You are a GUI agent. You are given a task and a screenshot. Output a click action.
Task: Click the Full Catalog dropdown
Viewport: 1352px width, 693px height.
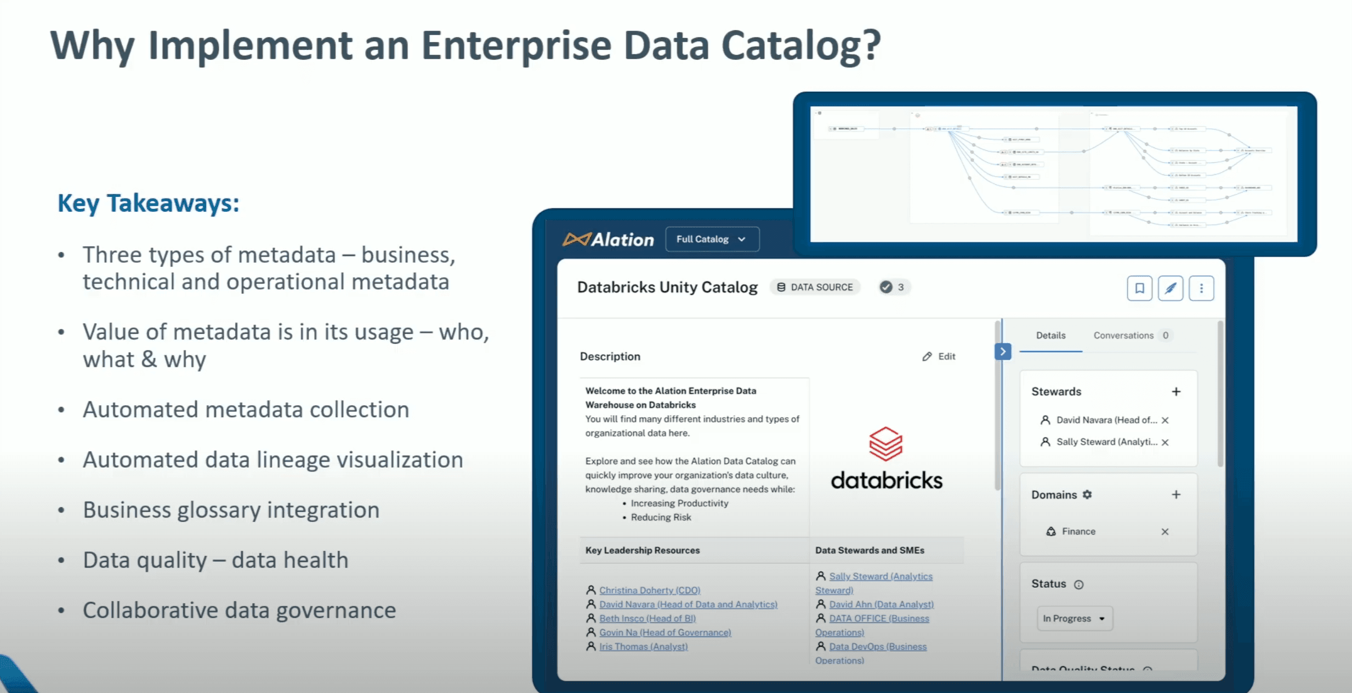(x=712, y=239)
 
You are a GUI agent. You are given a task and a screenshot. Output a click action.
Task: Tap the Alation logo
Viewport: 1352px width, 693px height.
(x=609, y=240)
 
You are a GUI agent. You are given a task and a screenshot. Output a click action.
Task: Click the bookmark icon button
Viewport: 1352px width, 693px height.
(x=1139, y=288)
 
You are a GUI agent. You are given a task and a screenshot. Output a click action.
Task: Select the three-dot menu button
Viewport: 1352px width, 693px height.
(x=1201, y=288)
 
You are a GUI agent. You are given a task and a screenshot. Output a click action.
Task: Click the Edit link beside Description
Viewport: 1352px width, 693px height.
(x=939, y=356)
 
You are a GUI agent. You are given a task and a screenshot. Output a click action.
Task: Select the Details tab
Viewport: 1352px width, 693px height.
(x=1050, y=336)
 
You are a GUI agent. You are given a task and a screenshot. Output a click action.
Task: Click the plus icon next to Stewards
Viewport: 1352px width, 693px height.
(x=1176, y=391)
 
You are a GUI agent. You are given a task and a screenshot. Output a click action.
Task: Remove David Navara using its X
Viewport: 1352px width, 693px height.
(x=1165, y=420)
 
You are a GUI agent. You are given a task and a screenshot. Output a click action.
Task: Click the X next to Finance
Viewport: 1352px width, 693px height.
(x=1165, y=531)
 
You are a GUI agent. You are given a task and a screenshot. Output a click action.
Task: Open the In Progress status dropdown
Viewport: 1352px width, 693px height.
(x=1074, y=618)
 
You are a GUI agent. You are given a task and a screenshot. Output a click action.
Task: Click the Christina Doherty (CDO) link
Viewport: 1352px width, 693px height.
(x=650, y=590)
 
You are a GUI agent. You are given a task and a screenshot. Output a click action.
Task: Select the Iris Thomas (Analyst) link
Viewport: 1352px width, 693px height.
(x=643, y=646)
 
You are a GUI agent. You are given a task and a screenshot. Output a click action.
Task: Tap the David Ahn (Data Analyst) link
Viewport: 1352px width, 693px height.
(x=881, y=604)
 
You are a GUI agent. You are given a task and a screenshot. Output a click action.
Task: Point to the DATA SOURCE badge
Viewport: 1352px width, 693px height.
(x=815, y=287)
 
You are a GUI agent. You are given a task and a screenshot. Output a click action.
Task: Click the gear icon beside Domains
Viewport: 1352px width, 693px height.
(x=1087, y=495)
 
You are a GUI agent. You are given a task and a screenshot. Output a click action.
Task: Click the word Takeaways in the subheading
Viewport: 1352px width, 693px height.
(x=173, y=203)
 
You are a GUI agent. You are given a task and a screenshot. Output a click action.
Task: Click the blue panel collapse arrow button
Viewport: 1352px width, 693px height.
(x=1003, y=351)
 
